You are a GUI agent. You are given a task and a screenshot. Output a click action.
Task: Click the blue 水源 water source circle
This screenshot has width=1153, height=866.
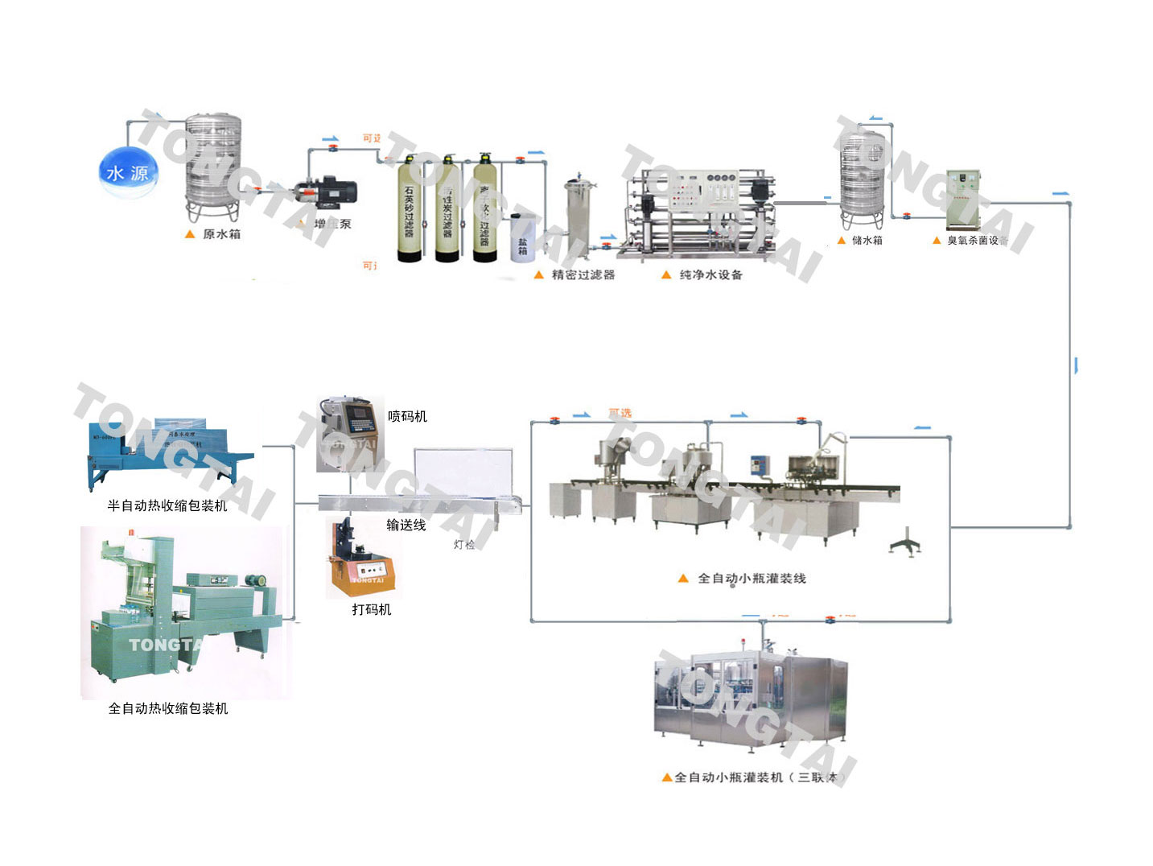(128, 172)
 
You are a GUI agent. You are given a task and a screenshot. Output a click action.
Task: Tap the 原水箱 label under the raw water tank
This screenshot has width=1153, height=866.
(221, 234)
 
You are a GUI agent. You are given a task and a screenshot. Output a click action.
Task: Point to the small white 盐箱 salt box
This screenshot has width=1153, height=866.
(522, 240)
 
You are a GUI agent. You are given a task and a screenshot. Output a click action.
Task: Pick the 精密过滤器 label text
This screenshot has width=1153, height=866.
(583, 275)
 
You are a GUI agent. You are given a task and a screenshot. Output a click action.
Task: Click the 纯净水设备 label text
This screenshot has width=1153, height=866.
(711, 275)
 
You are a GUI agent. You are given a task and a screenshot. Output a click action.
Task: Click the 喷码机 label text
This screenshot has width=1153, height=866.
(407, 416)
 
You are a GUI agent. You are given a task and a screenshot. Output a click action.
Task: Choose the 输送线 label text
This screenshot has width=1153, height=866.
(406, 525)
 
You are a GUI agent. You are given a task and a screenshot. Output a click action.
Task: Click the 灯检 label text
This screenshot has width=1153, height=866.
(464, 545)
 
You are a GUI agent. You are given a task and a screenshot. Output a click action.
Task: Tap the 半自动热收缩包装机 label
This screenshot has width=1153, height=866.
(167, 505)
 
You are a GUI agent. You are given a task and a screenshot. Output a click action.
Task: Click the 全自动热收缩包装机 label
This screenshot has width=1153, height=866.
(168, 708)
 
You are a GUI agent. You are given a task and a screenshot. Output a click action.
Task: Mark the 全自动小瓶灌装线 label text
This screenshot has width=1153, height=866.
(752, 579)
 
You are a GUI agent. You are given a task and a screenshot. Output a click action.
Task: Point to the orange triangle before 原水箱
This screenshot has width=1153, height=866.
(190, 234)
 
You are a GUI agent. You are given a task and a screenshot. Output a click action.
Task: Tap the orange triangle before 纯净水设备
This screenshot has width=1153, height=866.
(666, 275)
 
